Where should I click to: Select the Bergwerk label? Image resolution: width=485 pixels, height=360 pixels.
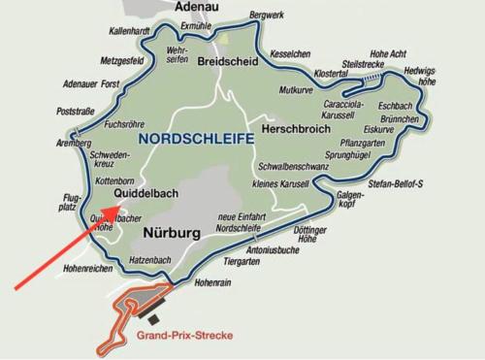click(x=267, y=16)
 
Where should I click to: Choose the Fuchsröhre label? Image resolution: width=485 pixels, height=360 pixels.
click(x=123, y=124)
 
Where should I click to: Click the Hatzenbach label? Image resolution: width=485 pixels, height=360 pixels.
click(x=150, y=260)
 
